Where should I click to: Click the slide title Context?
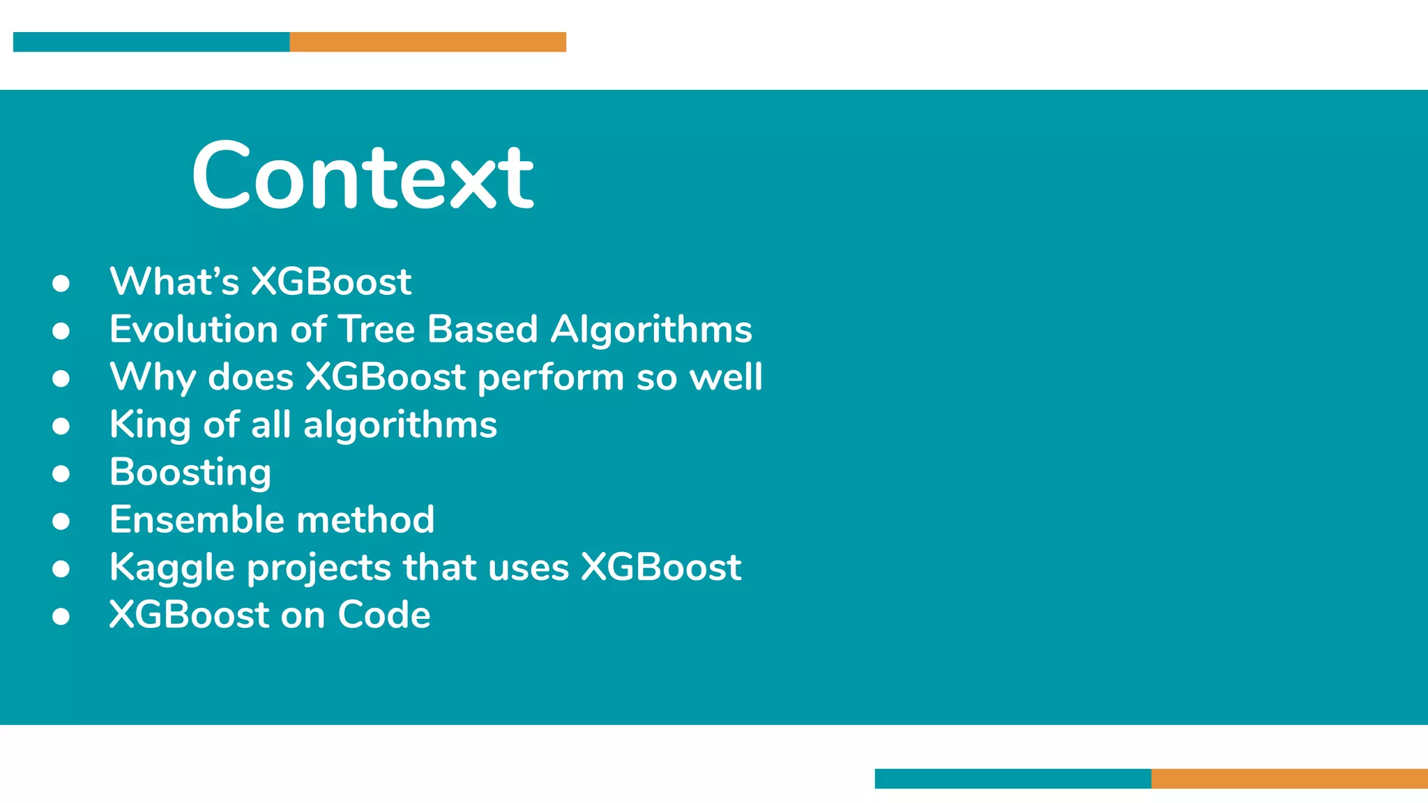point(363,176)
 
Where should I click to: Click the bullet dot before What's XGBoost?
point(61,283)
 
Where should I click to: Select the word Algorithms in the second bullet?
point(651,329)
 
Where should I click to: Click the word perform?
point(550,377)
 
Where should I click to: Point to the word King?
point(150,425)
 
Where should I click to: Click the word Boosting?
point(190,473)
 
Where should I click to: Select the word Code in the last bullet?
point(383,615)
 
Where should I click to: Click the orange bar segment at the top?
point(427,42)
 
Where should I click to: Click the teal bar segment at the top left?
point(151,42)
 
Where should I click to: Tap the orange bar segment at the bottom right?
point(1289,779)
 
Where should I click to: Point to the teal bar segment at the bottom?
point(1012,779)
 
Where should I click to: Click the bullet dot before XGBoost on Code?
point(61,616)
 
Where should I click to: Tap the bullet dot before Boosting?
point(61,474)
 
